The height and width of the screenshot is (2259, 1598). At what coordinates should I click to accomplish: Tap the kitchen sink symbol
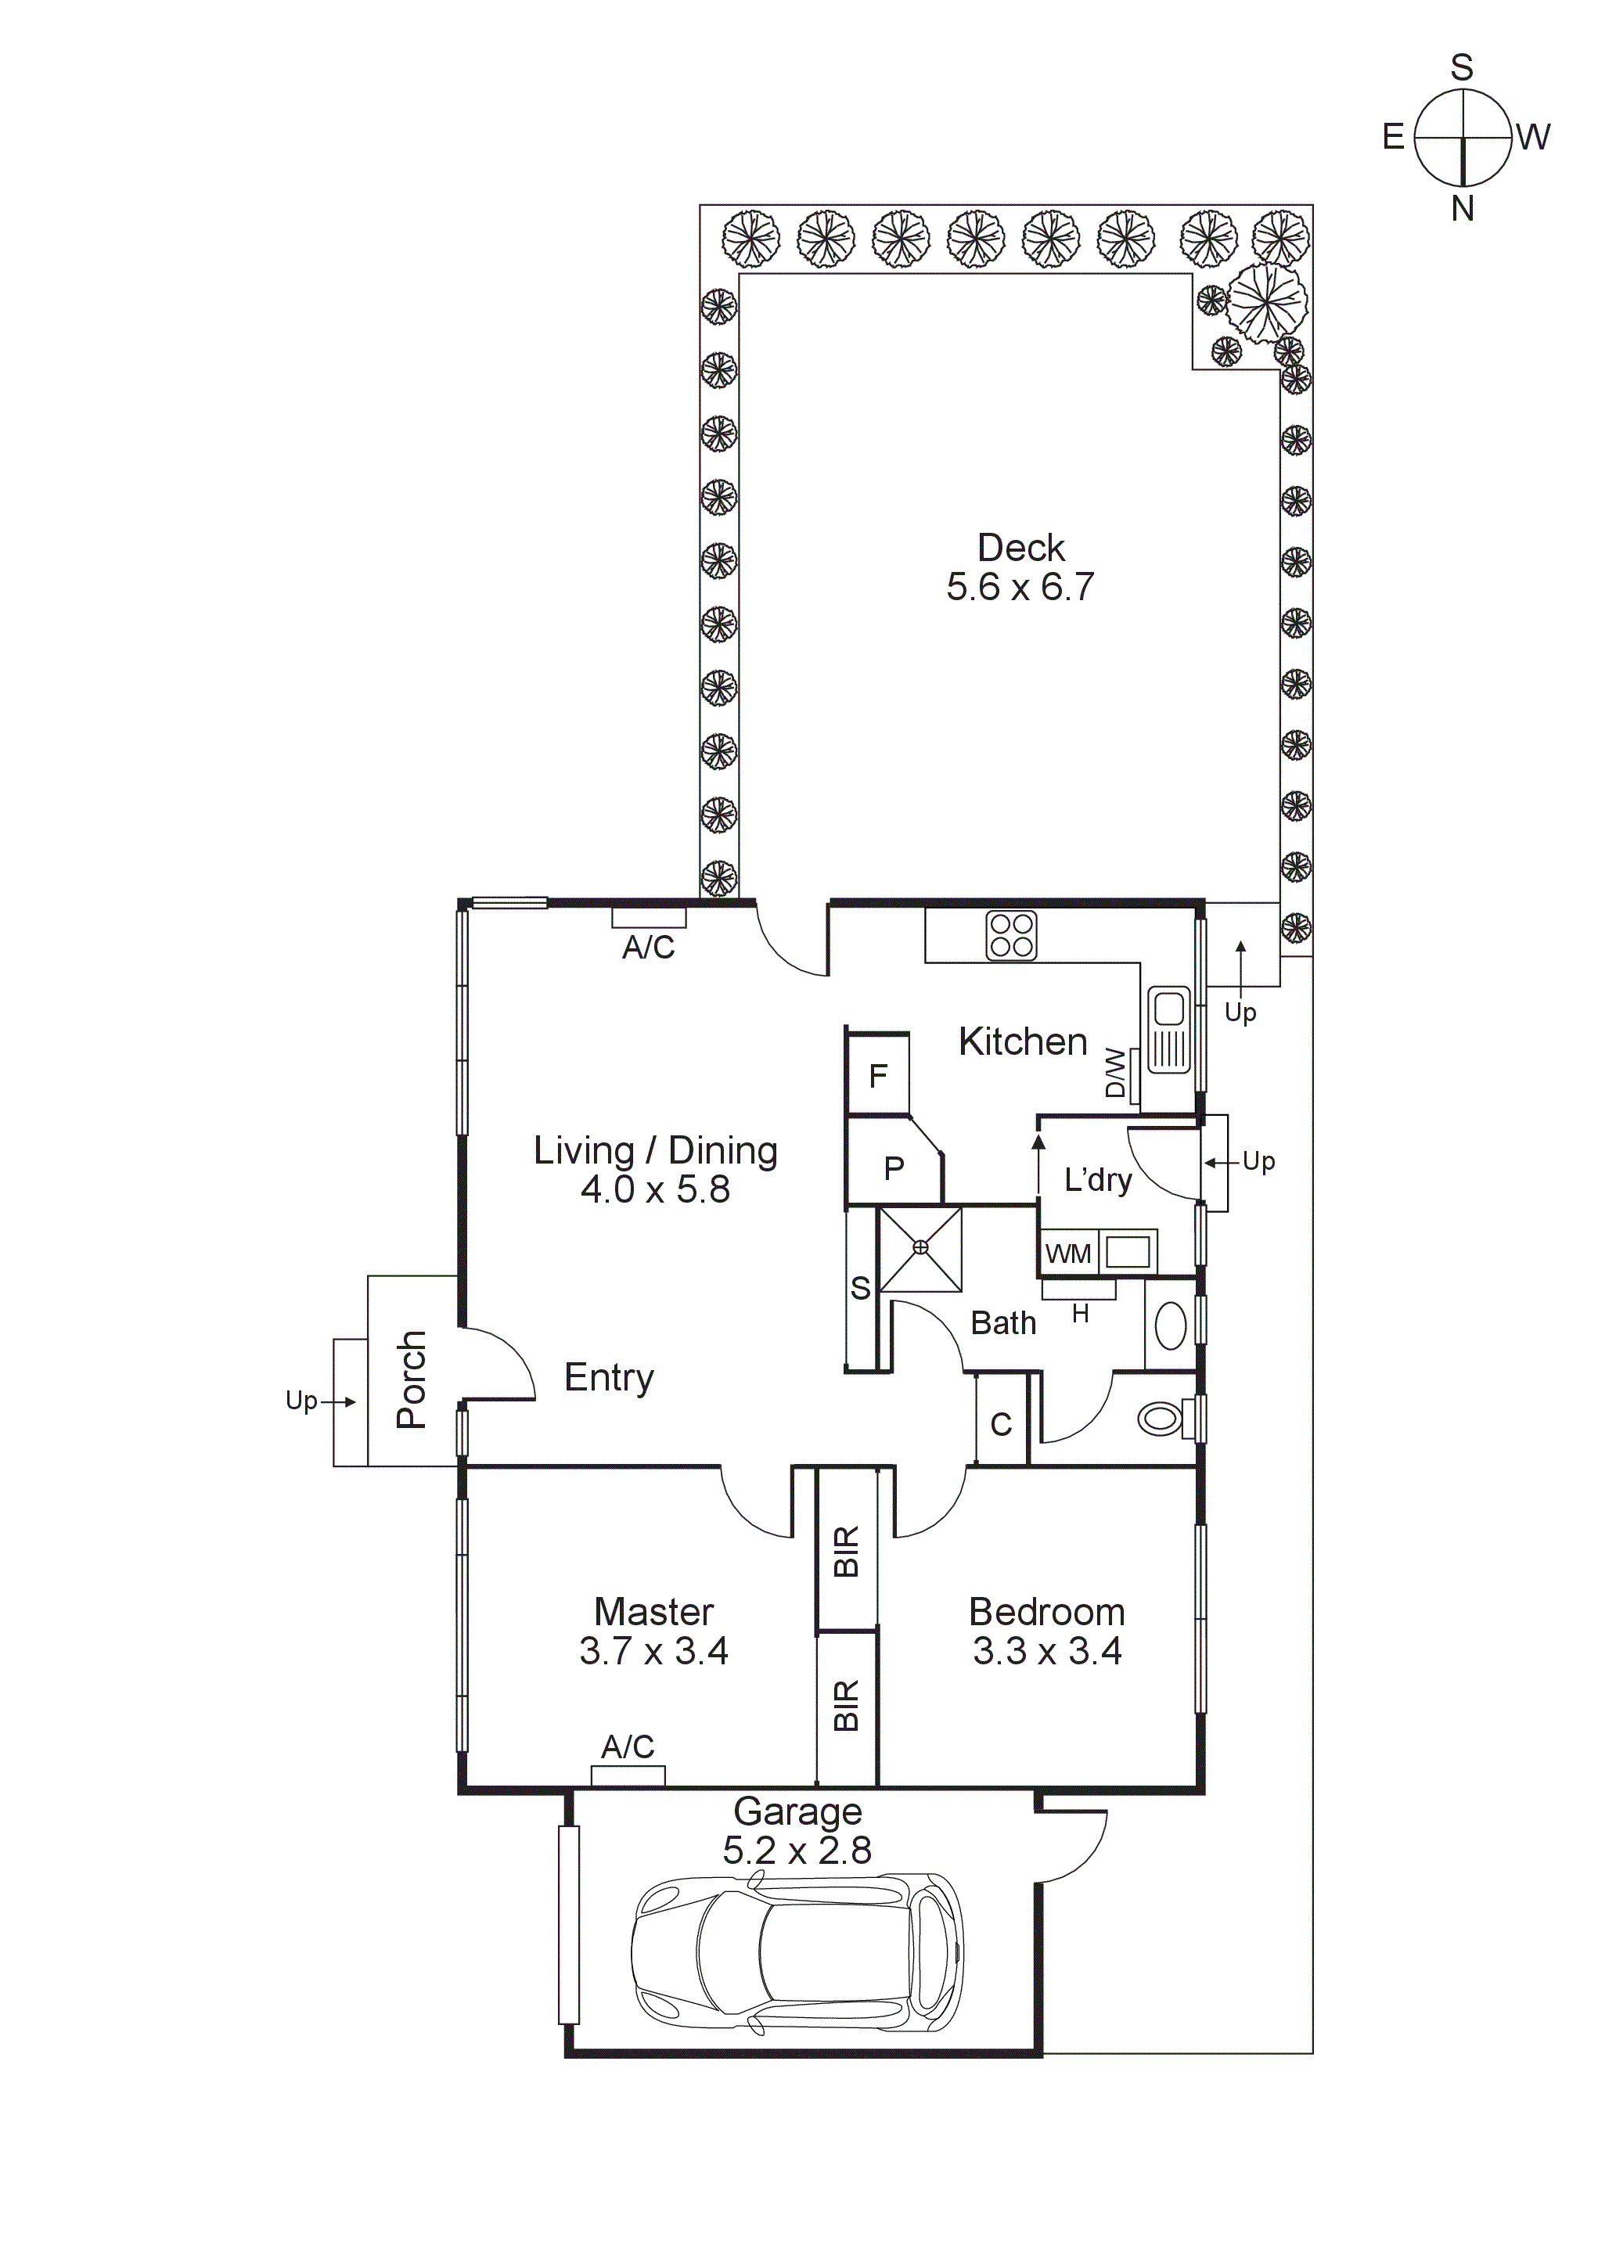pyautogui.click(x=1169, y=1031)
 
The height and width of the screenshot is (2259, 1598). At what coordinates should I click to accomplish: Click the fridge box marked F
pyautogui.click(x=878, y=1075)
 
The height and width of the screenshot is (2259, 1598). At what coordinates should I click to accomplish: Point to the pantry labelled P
pyautogui.click(x=894, y=1168)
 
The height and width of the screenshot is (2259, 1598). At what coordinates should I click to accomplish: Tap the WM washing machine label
pyautogui.click(x=1067, y=1254)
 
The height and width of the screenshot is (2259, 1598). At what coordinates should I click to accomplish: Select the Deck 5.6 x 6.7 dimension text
pyautogui.click(x=1020, y=588)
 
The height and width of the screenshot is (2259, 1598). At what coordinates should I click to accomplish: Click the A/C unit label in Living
pyautogui.click(x=649, y=948)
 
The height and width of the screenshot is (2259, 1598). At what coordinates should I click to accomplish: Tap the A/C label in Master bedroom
pyautogui.click(x=628, y=1747)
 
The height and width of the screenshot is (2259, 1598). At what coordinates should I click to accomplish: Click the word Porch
pyautogui.click(x=412, y=1380)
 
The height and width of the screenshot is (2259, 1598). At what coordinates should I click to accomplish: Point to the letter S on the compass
pyautogui.click(x=1461, y=68)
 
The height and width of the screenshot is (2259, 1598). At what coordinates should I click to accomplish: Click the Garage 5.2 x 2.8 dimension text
pyautogui.click(x=797, y=1851)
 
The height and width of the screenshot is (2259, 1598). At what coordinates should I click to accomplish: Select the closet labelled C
pyautogui.click(x=1001, y=1423)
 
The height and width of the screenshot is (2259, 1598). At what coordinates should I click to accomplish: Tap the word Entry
pyautogui.click(x=609, y=1377)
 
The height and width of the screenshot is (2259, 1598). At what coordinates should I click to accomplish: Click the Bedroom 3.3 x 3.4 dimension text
pyautogui.click(x=1047, y=1651)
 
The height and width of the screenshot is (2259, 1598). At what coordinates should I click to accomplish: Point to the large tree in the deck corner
pyautogui.click(x=1268, y=302)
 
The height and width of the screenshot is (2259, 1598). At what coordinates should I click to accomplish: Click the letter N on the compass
pyautogui.click(x=1462, y=209)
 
